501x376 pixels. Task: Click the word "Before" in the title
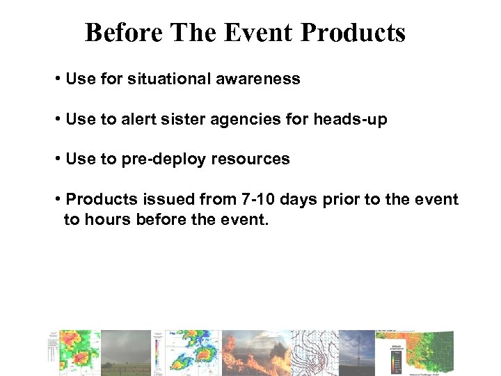123,33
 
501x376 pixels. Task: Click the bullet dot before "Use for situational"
57,79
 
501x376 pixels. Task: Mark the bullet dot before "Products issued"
57,200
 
